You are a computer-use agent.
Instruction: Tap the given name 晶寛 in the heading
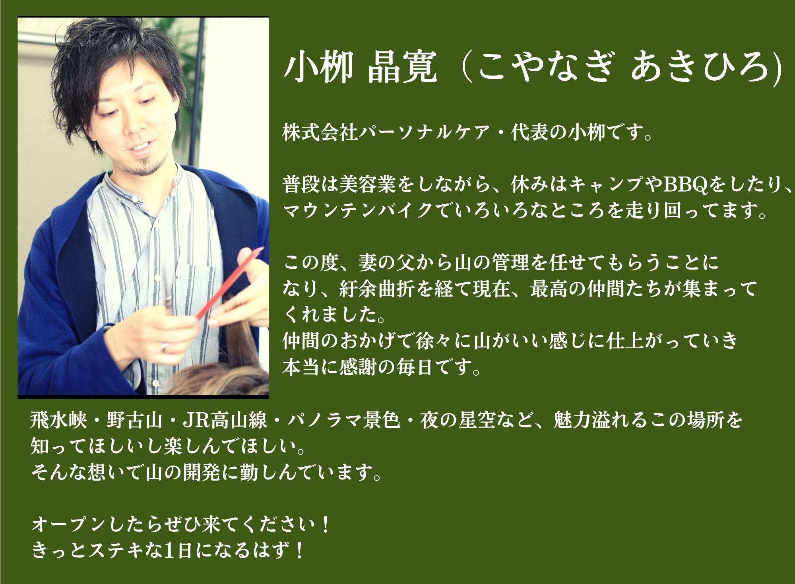[x=402, y=67]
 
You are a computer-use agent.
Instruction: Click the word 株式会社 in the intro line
[x=320, y=132]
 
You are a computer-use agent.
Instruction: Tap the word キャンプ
[x=605, y=184]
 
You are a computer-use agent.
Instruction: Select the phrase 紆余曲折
[x=377, y=289]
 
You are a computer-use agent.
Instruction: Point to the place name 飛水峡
[x=58, y=420]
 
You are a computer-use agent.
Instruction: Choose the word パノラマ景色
[x=343, y=420]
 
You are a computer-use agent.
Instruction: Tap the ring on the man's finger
[x=164, y=347]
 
